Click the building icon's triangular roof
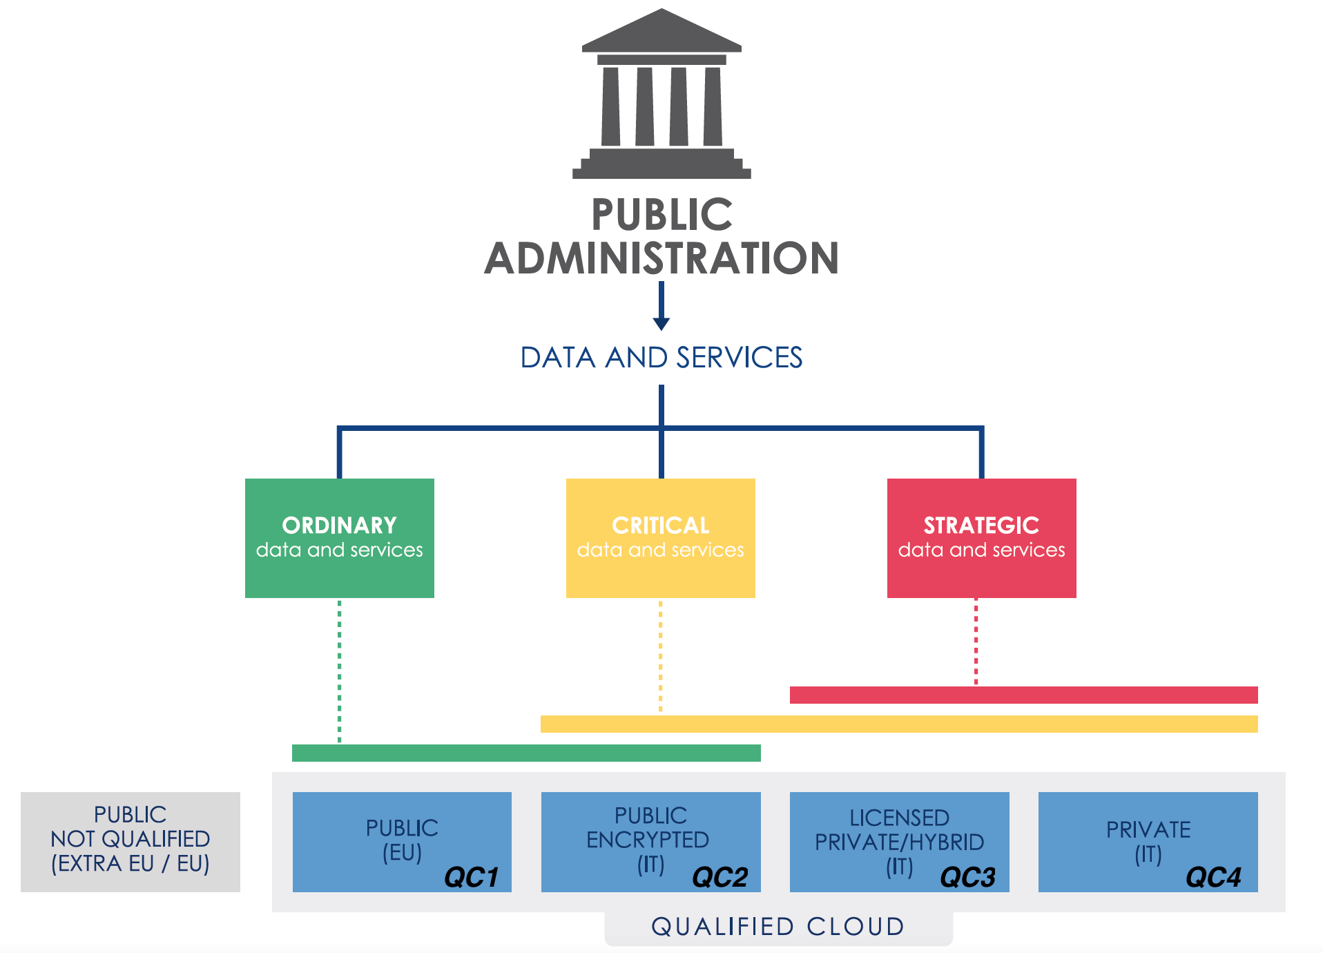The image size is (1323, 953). point(661,35)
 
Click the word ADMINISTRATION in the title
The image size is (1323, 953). point(661,258)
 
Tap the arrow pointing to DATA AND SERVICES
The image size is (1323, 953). point(661,307)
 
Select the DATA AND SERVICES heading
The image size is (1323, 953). point(661,358)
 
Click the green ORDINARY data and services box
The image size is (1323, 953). point(339,538)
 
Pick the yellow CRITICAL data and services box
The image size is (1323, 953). point(660,538)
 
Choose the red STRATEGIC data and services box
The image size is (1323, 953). point(981,538)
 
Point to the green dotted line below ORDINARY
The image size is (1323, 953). point(339,670)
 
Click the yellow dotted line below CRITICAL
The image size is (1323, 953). point(660,656)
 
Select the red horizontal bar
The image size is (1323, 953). point(1023,695)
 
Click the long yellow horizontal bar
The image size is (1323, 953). point(898,724)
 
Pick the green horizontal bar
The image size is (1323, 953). point(526,753)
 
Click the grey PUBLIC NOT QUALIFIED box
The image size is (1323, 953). point(130,841)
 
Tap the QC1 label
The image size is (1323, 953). point(471,877)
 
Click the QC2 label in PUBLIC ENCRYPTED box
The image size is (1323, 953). point(720,877)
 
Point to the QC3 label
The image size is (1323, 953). point(967,877)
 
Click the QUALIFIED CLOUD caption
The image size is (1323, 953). point(778,927)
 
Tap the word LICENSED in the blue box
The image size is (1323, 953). point(899,818)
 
